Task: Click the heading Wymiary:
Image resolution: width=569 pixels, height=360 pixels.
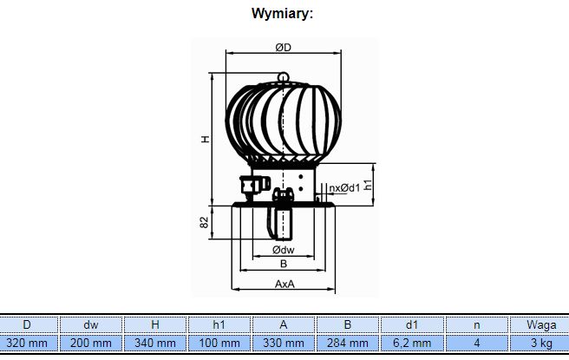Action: (x=282, y=14)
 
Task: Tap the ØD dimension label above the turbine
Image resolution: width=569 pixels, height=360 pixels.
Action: (x=283, y=48)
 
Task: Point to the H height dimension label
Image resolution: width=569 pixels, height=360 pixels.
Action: (x=206, y=139)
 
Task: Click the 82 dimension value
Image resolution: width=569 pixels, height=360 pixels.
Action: (x=205, y=222)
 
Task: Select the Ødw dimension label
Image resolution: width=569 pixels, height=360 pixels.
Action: (x=284, y=250)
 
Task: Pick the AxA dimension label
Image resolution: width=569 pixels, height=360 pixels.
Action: (x=284, y=284)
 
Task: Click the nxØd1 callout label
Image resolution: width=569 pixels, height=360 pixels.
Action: (x=344, y=187)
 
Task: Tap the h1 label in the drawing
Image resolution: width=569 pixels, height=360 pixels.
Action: (x=368, y=185)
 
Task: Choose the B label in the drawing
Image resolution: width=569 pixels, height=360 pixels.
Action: (x=284, y=264)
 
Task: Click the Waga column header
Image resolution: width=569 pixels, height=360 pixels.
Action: (x=541, y=324)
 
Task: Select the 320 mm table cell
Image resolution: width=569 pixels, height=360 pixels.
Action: (x=27, y=343)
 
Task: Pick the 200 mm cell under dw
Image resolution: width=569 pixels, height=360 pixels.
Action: (x=91, y=343)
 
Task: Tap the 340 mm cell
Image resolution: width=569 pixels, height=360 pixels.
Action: (x=155, y=343)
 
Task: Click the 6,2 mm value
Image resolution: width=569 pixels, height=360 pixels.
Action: (x=412, y=343)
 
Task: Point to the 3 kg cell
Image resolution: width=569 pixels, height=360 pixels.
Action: (x=541, y=343)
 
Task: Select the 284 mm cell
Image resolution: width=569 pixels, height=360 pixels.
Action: (x=348, y=343)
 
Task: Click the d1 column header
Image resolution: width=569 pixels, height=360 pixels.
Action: (x=412, y=324)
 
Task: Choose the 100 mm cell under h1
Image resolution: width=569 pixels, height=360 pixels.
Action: (x=219, y=343)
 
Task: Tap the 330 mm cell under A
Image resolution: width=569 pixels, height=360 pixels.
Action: (x=284, y=343)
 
